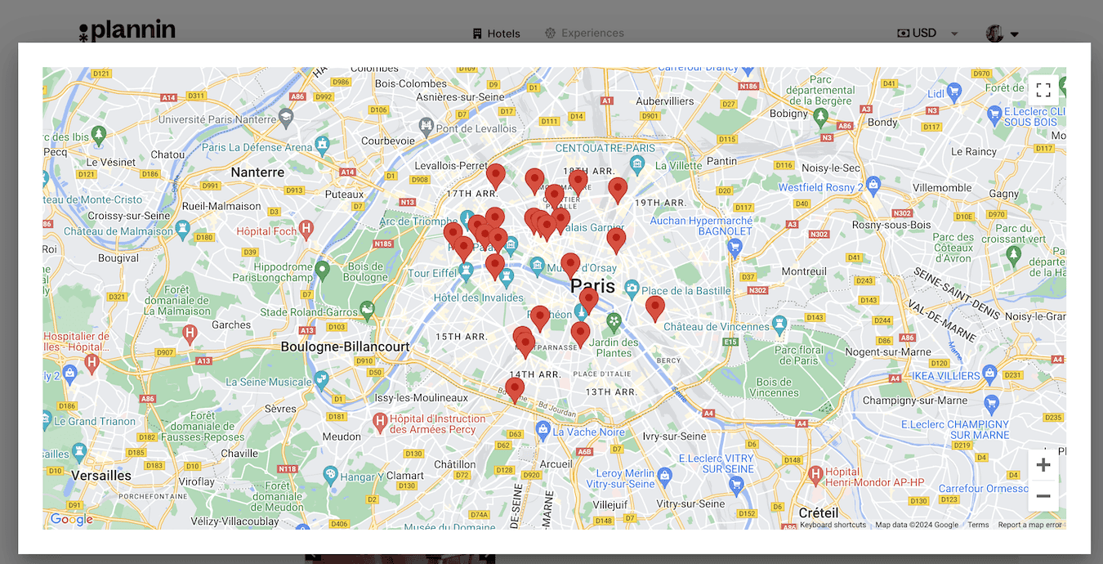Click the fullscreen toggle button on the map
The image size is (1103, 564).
[1043, 90]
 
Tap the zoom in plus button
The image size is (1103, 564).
[1043, 465]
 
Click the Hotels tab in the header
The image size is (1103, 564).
[497, 34]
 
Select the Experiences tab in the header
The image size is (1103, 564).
[585, 34]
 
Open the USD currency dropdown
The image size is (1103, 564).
[927, 34]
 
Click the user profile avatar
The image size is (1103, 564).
[995, 34]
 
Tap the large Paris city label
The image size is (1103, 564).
[592, 286]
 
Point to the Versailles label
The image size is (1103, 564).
[101, 476]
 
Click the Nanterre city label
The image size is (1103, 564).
[257, 172]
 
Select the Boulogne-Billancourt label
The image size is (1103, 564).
[345, 347]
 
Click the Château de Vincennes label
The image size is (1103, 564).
[717, 327]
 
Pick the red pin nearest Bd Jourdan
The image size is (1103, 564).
[515, 389]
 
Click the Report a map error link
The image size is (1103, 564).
[1029, 525]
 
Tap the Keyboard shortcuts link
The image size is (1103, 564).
[833, 525]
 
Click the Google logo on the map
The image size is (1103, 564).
[72, 519]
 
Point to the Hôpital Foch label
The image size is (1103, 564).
[266, 231]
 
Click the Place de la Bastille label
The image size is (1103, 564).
[685, 291]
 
